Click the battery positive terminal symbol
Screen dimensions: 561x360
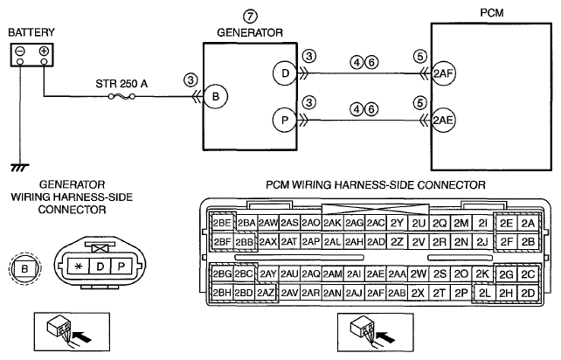coord(44,52)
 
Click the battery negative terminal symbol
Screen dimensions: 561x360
coord(20,52)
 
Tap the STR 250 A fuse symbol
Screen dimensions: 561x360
coord(121,96)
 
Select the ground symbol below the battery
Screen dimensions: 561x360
coord(20,168)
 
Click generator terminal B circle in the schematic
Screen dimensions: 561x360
coord(216,96)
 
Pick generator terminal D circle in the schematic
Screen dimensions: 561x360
coord(285,73)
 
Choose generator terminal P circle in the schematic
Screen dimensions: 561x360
coord(285,121)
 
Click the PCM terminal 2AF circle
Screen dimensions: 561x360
coord(444,73)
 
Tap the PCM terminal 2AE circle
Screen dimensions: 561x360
coord(444,121)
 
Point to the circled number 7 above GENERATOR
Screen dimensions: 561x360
coord(251,17)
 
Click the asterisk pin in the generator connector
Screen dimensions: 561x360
coord(79,267)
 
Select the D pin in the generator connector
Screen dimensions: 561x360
coord(100,267)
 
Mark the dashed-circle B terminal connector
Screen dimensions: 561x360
coord(24,268)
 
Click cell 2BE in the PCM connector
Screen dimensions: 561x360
coord(222,224)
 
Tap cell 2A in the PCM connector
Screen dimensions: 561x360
coord(528,224)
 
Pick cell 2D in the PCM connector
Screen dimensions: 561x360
coord(528,294)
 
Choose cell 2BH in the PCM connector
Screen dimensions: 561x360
coord(222,294)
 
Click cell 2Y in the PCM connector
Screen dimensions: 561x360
coord(397,224)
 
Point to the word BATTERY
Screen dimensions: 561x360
coord(31,32)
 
